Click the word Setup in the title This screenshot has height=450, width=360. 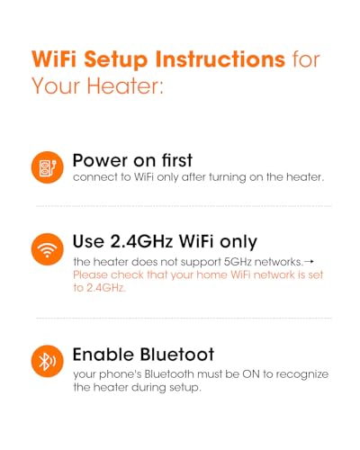click(x=116, y=60)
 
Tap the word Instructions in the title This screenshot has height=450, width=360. click(x=220, y=58)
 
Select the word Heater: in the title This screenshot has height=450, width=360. click(x=125, y=85)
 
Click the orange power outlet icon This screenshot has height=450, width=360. click(x=48, y=167)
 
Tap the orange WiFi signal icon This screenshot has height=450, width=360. click(x=48, y=249)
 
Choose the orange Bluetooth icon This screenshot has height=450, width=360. click(x=48, y=361)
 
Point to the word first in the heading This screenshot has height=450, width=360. click(x=177, y=160)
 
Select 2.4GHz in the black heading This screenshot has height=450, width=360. click(x=141, y=241)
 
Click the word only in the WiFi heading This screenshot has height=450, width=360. click(x=238, y=242)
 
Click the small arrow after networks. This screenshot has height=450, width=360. click(x=309, y=262)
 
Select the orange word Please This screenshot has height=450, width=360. click(x=91, y=274)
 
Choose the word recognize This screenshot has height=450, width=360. click(x=302, y=375)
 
